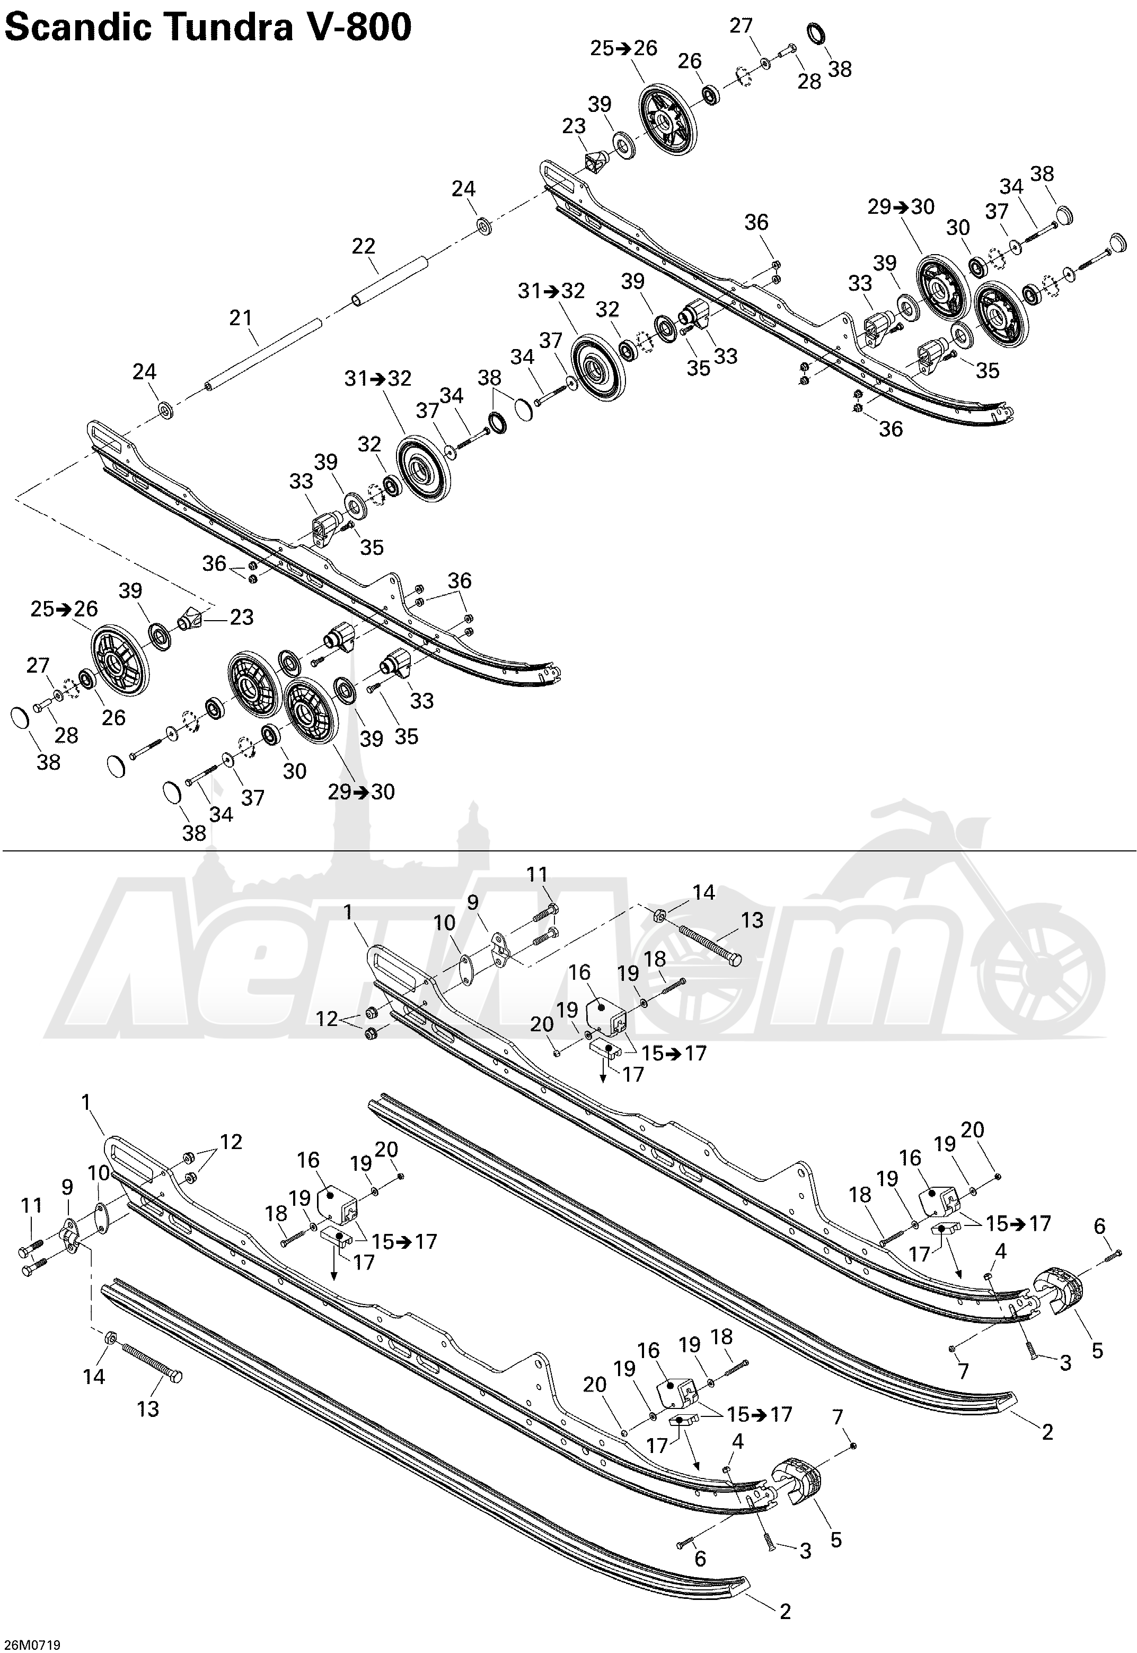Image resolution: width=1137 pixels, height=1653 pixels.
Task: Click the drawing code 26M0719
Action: tap(31, 1645)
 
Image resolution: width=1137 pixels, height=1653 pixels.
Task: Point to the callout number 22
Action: tap(363, 246)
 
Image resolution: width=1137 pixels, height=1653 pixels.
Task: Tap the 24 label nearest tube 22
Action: tap(464, 189)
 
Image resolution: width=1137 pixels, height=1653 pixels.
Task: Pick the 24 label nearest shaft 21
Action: tap(145, 371)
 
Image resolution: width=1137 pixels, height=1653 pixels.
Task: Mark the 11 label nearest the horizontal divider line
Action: tap(538, 874)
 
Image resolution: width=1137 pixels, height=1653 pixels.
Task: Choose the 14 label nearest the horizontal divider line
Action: tap(703, 892)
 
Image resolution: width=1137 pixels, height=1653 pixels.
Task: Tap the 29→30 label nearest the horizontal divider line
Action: tap(361, 792)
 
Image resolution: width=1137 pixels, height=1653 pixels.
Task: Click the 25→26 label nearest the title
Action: tap(623, 48)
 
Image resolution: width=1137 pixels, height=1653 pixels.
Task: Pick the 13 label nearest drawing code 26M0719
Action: tap(148, 1408)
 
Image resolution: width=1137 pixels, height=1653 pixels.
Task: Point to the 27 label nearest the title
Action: tap(741, 25)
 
